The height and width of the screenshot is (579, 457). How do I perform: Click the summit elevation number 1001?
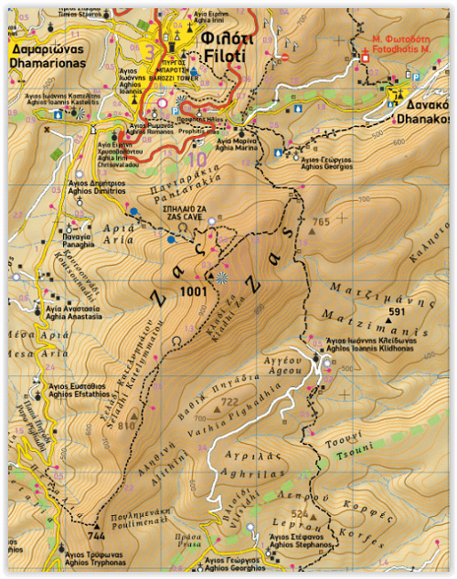click(194, 291)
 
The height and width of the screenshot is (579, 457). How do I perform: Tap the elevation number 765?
click(320, 222)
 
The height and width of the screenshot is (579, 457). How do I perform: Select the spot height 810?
click(125, 425)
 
